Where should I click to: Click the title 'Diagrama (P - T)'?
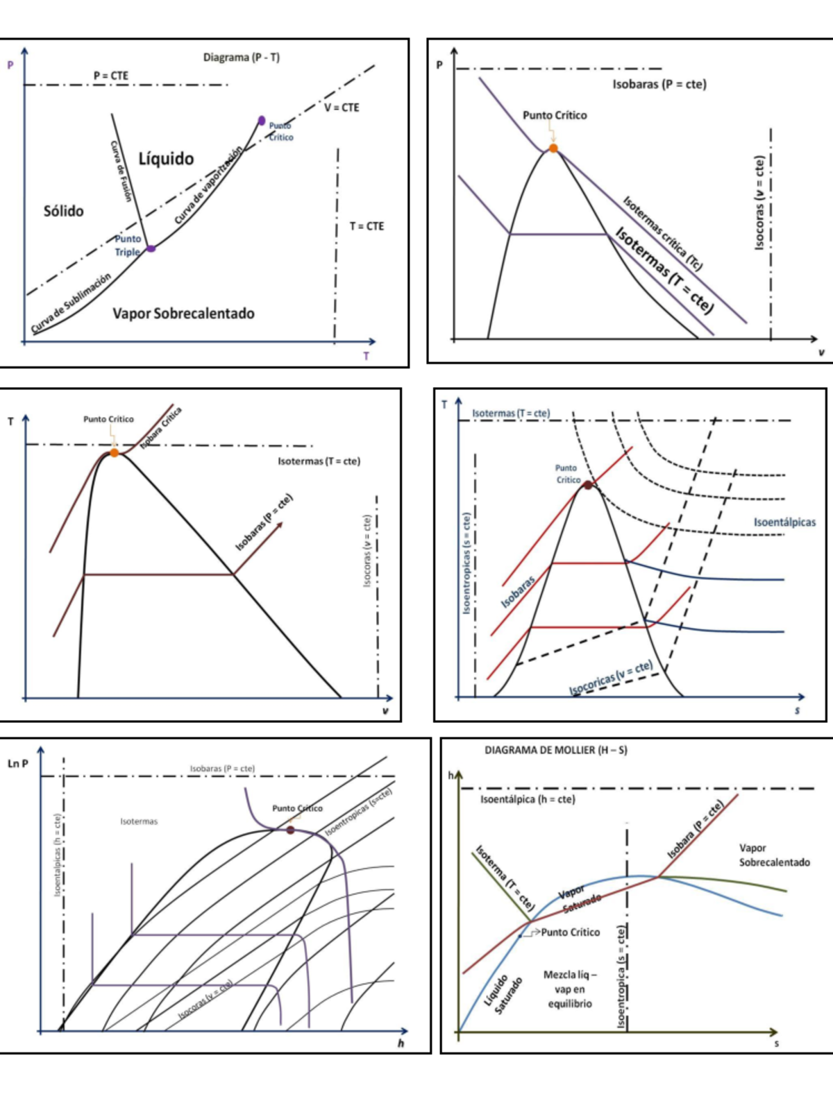pyautogui.click(x=241, y=58)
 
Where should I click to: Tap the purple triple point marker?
pyautogui.click(x=151, y=248)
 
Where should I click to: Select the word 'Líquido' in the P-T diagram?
pyautogui.click(x=166, y=159)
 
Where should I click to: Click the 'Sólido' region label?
pyautogui.click(x=63, y=211)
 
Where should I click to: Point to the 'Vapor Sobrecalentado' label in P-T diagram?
pyautogui.click(x=183, y=314)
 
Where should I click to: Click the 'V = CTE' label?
pyautogui.click(x=342, y=108)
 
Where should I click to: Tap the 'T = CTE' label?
pyautogui.click(x=367, y=226)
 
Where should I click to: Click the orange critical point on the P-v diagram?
pyautogui.click(x=553, y=148)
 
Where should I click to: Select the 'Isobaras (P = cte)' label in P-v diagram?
pyautogui.click(x=659, y=85)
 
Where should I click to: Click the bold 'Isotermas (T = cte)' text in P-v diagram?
pyautogui.click(x=664, y=271)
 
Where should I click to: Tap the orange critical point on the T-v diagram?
pyautogui.click(x=114, y=453)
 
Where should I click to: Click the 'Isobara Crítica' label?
pyautogui.click(x=161, y=428)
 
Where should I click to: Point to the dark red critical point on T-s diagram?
pyautogui.click(x=588, y=485)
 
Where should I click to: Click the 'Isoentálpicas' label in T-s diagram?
pyautogui.click(x=784, y=522)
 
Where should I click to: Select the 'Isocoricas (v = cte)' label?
pyautogui.click(x=611, y=677)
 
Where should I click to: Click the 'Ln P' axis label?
pyautogui.click(x=18, y=764)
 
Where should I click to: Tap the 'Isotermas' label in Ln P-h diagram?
pyautogui.click(x=139, y=821)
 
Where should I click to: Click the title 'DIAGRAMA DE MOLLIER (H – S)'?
pyautogui.click(x=555, y=750)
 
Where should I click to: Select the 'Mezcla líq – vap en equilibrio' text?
pyautogui.click(x=569, y=989)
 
